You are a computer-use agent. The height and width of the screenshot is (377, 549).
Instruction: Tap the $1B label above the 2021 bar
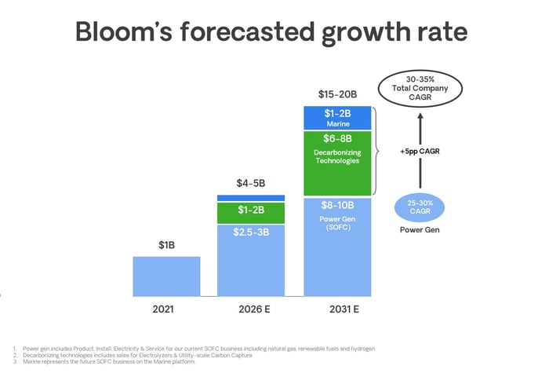click(x=166, y=245)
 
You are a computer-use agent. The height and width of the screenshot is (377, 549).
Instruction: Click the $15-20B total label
click(x=337, y=94)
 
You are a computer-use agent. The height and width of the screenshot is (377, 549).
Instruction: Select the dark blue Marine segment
click(x=337, y=118)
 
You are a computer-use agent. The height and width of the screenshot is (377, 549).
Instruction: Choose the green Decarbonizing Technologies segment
click(x=337, y=161)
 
